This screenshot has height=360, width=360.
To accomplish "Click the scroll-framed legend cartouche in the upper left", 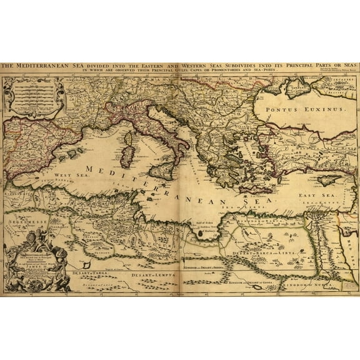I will tap(34, 96).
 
